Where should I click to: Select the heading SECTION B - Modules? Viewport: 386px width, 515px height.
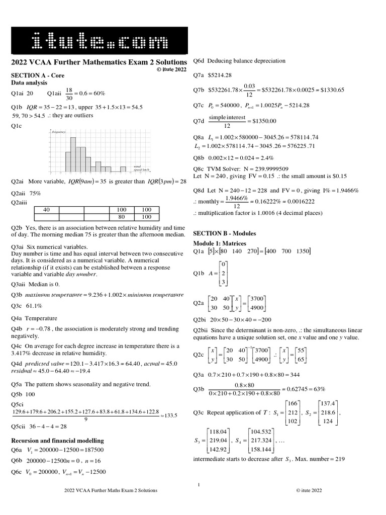click(225, 233)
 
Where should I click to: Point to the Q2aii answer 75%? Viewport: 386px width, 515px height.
click(35, 193)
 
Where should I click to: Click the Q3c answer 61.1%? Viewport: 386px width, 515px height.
click(34, 305)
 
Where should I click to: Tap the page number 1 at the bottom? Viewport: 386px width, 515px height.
click(199, 485)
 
